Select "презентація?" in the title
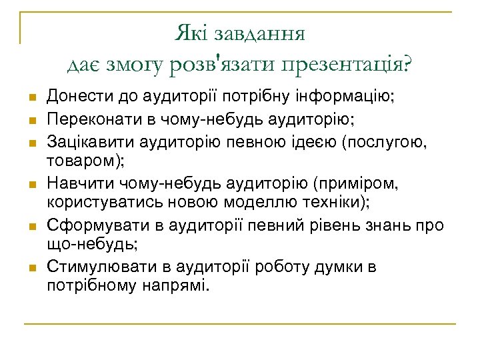[347, 65]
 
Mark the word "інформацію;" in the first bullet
[352, 97]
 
